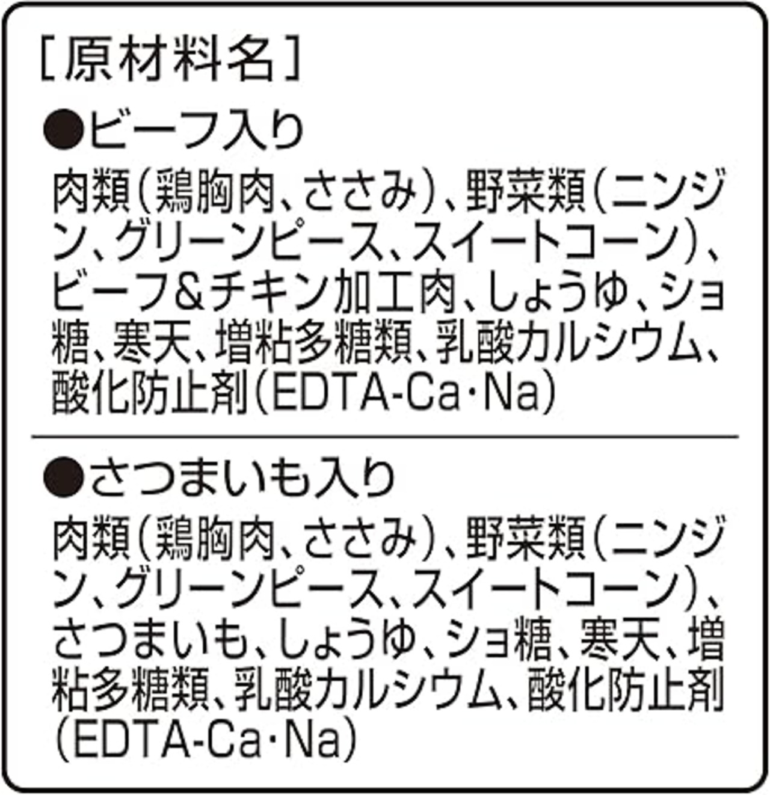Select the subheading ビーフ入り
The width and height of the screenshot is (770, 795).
click(196, 130)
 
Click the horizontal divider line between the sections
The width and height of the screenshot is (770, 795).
click(385, 436)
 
